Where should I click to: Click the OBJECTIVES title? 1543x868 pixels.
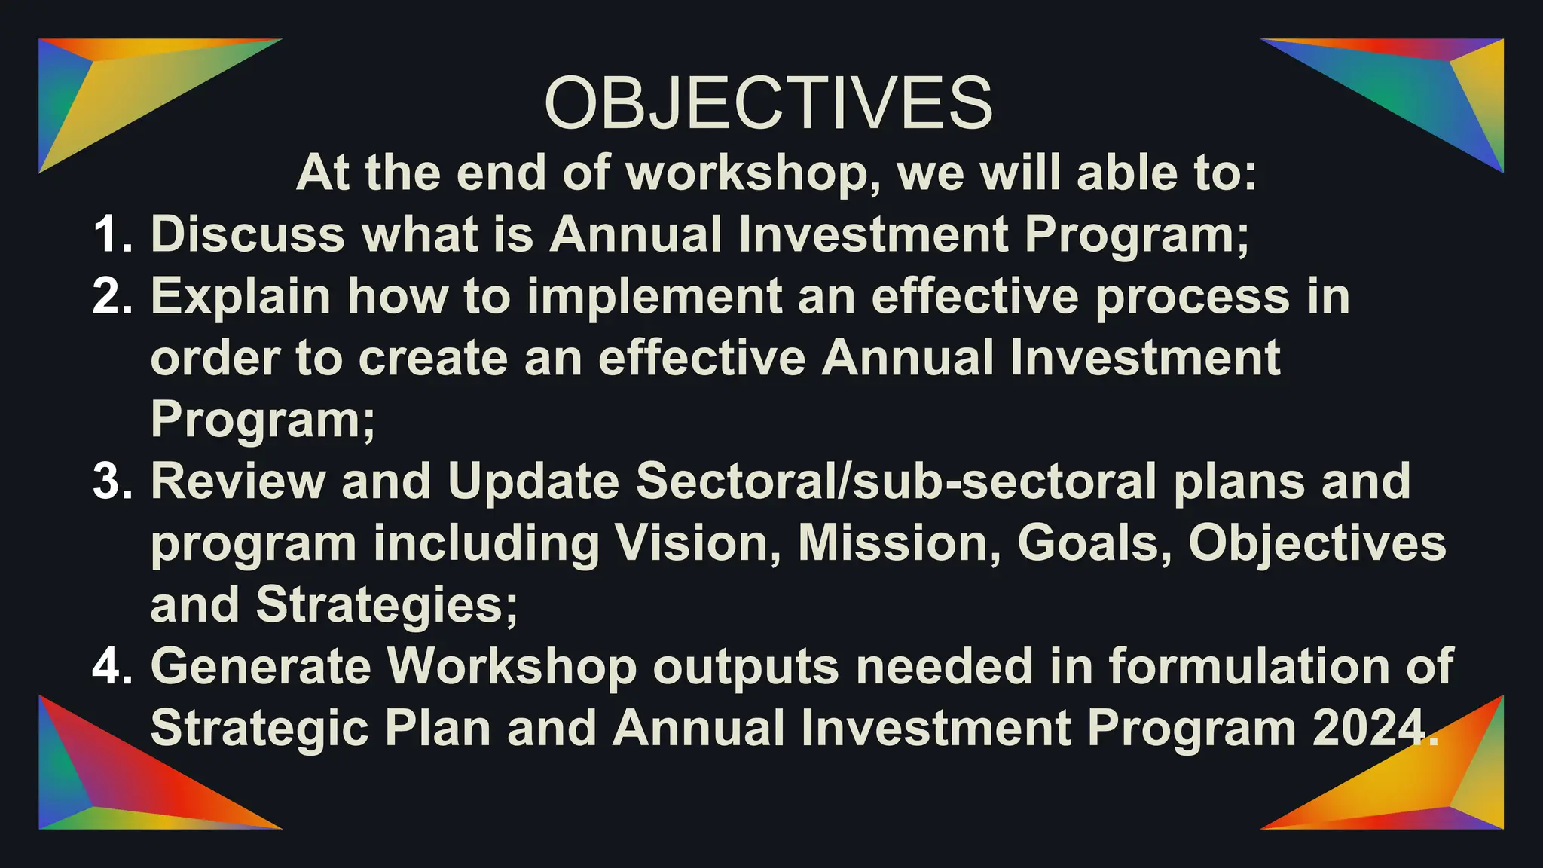768,103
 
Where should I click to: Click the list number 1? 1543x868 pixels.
113,234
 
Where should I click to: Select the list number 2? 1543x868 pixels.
113,296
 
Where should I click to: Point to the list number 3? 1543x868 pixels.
113,481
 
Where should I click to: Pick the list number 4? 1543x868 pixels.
113,667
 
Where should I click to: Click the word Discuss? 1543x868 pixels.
248,234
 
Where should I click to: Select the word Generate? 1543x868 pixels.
261,667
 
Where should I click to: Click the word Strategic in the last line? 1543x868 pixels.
259,729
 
